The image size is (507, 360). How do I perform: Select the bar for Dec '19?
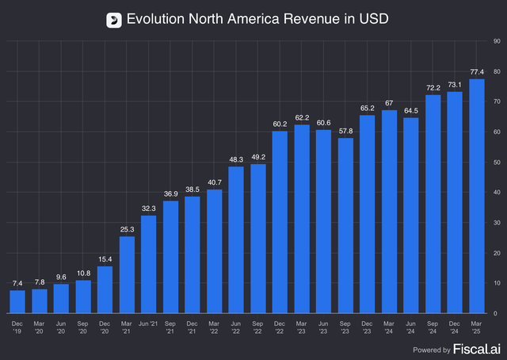pos(17,301)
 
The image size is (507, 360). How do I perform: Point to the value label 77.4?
pos(476,72)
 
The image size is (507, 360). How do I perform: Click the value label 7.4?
pos(17,283)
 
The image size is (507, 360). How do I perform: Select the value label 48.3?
pos(236,159)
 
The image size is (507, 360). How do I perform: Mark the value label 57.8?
pos(345,131)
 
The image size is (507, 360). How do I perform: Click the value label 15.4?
pos(105,259)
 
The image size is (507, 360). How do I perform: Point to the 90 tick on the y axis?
pos(495,39)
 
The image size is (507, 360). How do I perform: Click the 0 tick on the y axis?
pos(494,314)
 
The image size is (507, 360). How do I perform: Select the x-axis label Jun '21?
pos(148,323)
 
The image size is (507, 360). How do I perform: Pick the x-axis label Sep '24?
pos(433,327)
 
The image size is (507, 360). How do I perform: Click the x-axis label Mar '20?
pos(39,327)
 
